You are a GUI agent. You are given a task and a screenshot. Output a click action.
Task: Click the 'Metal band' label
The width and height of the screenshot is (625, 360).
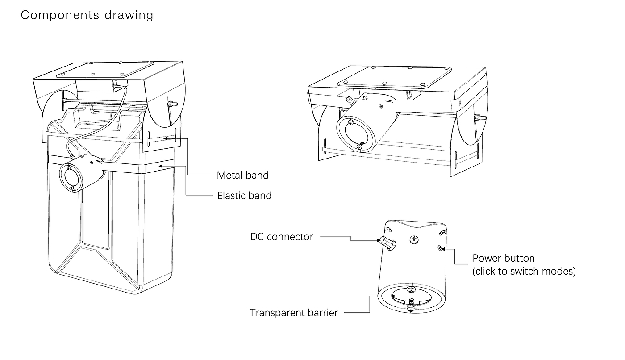point(243,175)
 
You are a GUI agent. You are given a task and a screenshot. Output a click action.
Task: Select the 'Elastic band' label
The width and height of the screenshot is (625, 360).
point(244,195)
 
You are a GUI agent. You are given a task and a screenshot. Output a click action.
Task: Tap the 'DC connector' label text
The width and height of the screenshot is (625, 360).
point(282,236)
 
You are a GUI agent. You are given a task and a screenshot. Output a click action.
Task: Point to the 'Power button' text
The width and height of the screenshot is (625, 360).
point(503,258)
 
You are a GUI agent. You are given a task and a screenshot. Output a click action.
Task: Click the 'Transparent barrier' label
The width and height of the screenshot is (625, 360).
point(294,312)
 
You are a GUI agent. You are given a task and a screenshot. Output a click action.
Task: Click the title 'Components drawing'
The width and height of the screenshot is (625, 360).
point(87,15)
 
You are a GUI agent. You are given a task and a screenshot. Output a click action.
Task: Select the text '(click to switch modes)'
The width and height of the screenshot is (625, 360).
point(524,271)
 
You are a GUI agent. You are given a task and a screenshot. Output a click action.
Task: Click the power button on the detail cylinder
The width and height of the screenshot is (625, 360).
point(440,248)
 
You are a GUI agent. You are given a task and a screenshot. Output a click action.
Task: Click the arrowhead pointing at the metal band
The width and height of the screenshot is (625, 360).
point(165,138)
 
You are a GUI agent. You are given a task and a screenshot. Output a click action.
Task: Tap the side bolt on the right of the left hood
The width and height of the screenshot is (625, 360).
point(171,103)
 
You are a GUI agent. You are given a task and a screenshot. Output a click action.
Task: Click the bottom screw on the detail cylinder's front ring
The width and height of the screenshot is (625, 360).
point(411,308)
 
